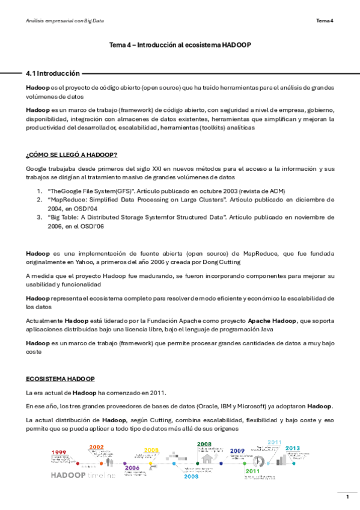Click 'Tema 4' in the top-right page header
coord(325,21)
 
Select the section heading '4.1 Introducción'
coord(53,73)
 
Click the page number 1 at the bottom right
coord(347,496)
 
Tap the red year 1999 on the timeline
coord(58,452)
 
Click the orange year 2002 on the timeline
coord(97,447)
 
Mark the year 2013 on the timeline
coord(293,448)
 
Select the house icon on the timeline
coord(209,457)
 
